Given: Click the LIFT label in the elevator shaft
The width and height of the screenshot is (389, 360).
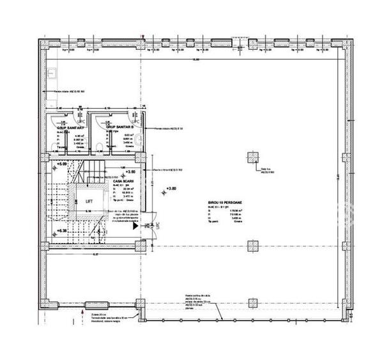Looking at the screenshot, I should pos(88,200).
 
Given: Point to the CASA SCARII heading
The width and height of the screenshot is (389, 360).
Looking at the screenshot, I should pos(123,181).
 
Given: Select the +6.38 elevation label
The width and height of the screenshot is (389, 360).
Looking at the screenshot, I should pos(62,230).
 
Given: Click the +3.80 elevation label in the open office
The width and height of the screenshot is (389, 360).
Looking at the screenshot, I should pos(171,189).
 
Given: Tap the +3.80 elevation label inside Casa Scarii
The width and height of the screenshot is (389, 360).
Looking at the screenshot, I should pos(131,172).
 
